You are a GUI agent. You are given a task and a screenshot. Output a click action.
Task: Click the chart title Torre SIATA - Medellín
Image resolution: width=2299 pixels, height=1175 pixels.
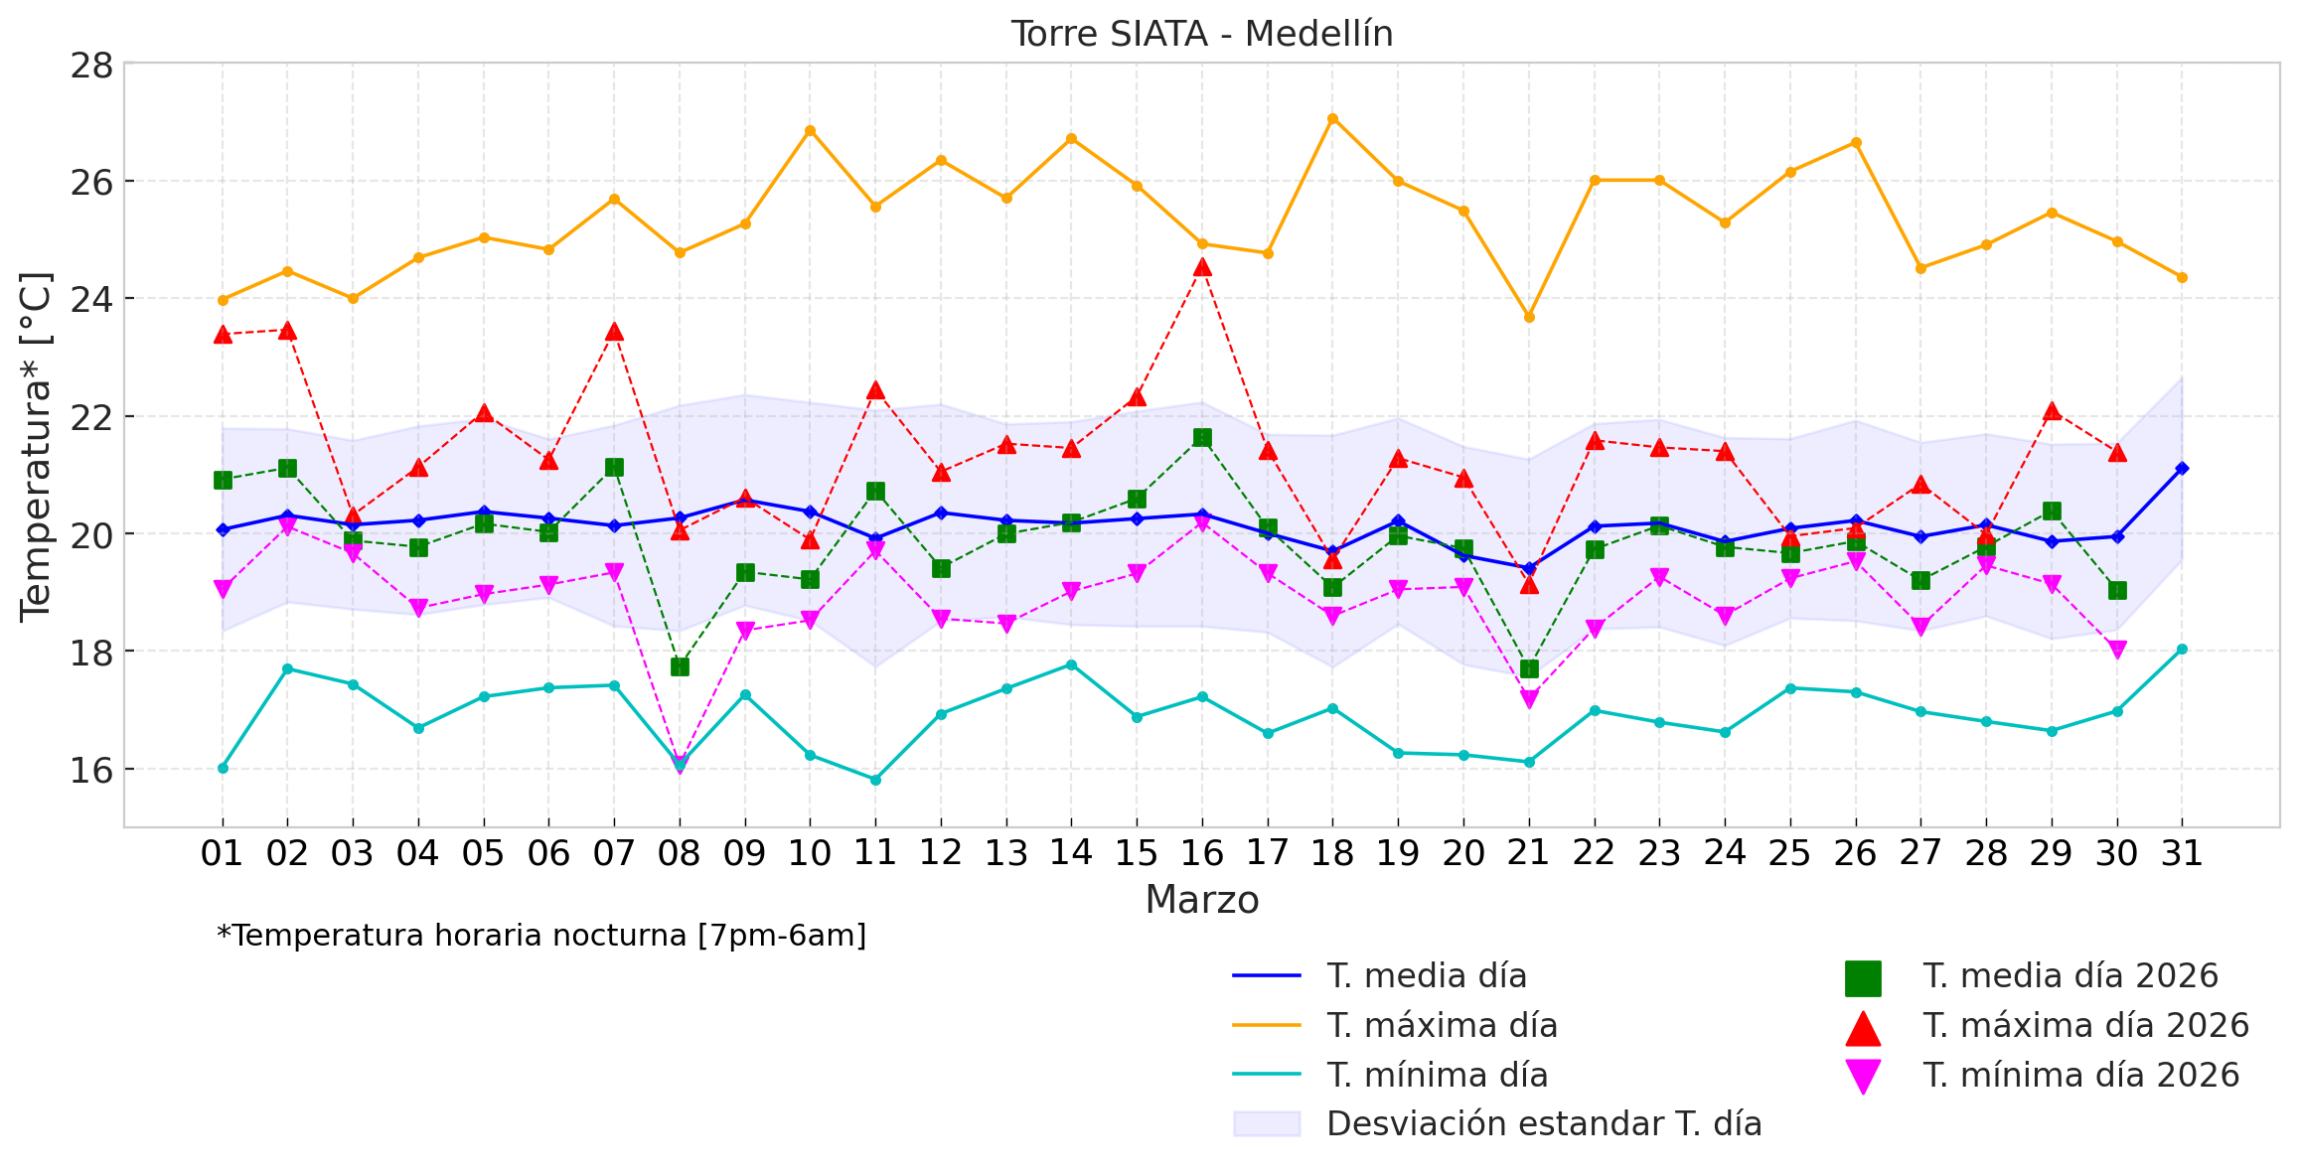(1201, 35)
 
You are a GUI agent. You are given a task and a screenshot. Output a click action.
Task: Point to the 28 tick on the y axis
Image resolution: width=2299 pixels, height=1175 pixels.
(91, 67)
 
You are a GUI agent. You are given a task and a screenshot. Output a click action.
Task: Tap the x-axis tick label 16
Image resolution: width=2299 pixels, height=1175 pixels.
(1201, 853)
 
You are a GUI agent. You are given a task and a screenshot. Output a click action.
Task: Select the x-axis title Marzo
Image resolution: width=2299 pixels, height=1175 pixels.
(1201, 900)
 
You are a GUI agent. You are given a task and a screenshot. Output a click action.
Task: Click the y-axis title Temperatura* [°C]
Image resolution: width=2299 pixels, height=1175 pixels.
(36, 446)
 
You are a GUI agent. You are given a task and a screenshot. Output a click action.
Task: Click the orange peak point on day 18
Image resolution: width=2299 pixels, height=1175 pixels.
(1332, 119)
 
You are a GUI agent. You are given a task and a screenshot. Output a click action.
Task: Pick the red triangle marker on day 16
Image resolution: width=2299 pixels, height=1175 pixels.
(1202, 267)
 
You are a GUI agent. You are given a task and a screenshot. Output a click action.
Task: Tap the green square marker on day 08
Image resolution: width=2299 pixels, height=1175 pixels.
(680, 666)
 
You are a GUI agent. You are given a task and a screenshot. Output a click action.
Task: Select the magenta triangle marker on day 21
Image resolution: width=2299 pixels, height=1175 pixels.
(1529, 699)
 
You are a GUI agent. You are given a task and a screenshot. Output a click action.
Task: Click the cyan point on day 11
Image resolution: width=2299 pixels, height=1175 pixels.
(875, 780)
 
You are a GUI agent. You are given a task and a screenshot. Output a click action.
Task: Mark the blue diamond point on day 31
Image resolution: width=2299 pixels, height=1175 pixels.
(2182, 468)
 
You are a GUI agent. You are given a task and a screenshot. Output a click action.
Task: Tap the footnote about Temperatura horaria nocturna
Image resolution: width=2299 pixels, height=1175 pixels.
(541, 936)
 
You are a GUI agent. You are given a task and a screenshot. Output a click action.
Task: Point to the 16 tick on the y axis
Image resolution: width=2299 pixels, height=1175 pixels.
(91, 770)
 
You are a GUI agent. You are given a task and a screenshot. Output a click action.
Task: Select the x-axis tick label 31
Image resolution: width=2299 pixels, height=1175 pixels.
(2182, 853)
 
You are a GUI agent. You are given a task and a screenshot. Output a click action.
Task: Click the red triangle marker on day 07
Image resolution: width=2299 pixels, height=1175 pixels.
(614, 332)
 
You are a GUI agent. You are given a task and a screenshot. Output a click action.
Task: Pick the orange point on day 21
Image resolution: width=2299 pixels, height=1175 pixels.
(1529, 317)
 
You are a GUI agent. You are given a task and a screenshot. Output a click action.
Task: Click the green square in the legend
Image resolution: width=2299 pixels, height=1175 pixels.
(1863, 977)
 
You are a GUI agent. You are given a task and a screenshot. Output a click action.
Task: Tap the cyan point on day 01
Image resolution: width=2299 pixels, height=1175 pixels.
(223, 768)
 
